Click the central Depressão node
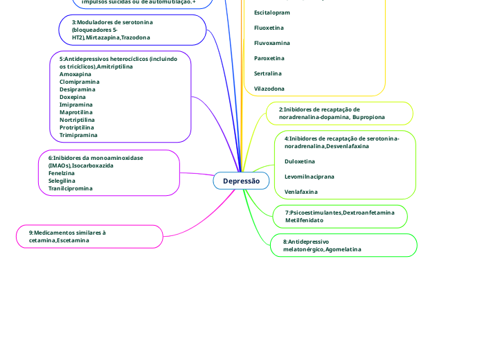tap(241, 181)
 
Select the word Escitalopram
tap(272, 12)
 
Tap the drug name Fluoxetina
tap(269, 28)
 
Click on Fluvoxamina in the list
tap(271, 43)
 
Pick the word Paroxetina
tap(269, 58)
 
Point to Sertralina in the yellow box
tap(268, 73)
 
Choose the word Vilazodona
tap(269, 89)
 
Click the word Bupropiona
tap(368, 118)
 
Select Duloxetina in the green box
tap(300, 161)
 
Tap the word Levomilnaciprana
tap(310, 177)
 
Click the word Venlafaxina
tap(301, 192)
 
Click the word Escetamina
tap(73, 240)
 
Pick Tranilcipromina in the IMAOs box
tap(71, 188)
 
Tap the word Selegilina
tap(62, 181)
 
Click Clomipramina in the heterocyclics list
tap(79, 82)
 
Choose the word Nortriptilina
tap(78, 120)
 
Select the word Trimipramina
tap(78, 135)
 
